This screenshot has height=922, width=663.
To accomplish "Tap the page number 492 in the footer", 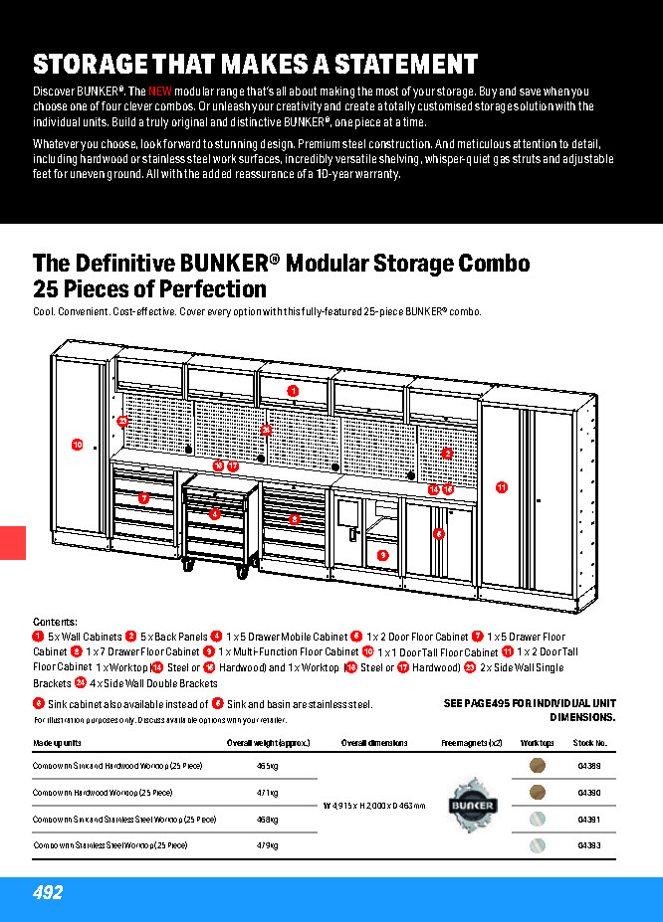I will click(47, 893).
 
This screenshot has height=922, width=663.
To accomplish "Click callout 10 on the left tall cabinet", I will click(77, 445).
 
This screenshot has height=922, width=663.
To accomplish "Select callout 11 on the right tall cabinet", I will click(502, 487).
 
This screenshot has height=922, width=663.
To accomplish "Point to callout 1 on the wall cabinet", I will click(293, 391).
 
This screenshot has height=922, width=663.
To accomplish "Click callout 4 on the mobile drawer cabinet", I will click(214, 514).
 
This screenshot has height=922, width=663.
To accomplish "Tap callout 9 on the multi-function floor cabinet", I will click(382, 555).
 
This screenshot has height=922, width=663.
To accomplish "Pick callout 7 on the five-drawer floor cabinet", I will click(143, 497).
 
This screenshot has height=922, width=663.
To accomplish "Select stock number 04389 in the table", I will click(589, 766).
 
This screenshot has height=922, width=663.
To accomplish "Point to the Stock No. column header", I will click(590, 743).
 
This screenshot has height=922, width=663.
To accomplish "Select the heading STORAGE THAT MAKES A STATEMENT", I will click(256, 64).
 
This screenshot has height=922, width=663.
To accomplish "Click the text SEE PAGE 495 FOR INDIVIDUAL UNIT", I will click(529, 703).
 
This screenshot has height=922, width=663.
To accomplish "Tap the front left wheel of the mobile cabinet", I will click(189, 566).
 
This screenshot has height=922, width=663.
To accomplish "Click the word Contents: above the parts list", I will click(55, 622).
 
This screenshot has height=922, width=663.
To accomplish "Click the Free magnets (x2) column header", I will click(472, 743).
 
